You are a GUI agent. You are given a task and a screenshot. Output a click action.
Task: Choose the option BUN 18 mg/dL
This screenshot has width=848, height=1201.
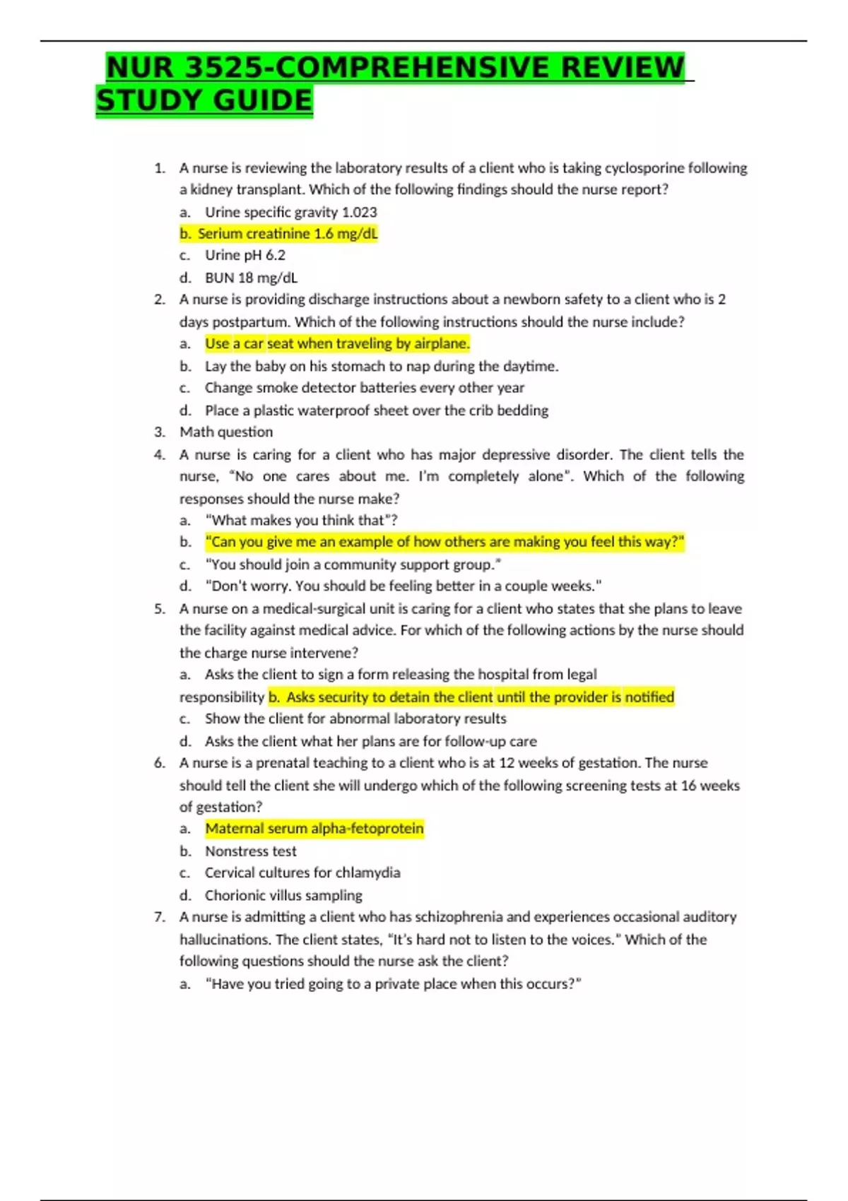click(251, 278)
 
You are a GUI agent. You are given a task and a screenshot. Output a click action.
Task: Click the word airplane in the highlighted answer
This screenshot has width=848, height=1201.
click(441, 344)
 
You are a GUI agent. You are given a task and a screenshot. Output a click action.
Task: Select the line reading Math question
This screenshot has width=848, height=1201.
click(225, 432)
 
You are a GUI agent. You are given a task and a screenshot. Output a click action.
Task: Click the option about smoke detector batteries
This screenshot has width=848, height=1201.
click(364, 388)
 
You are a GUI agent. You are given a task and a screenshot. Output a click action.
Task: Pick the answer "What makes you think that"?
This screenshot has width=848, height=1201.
click(300, 521)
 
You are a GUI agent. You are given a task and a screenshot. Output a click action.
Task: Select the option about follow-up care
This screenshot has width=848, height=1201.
click(370, 741)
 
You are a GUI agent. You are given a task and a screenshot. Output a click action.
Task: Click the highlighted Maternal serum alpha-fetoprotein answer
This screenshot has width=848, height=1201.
click(314, 829)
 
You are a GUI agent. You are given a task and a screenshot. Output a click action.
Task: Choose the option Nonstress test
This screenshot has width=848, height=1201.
click(250, 851)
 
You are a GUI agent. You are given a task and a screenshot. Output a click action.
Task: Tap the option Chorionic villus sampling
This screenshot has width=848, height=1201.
click(283, 895)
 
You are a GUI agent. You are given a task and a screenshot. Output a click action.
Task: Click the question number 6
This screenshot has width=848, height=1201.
click(159, 763)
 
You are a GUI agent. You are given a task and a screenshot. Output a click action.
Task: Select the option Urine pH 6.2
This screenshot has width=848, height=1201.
click(245, 255)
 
